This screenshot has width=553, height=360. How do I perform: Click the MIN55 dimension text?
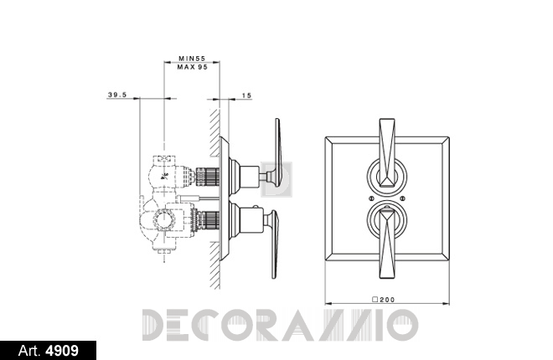[x=192, y=59]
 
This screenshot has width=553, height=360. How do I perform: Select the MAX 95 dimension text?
[x=193, y=67]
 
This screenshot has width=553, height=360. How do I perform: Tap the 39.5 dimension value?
[x=117, y=95]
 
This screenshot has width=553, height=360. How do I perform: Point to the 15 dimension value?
[x=247, y=95]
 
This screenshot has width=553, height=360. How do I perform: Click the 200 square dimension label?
[x=384, y=300]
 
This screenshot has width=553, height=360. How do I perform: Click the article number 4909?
[x=63, y=351]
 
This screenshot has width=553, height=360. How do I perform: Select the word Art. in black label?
[x=30, y=351]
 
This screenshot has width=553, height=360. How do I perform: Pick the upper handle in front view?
[x=387, y=152]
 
